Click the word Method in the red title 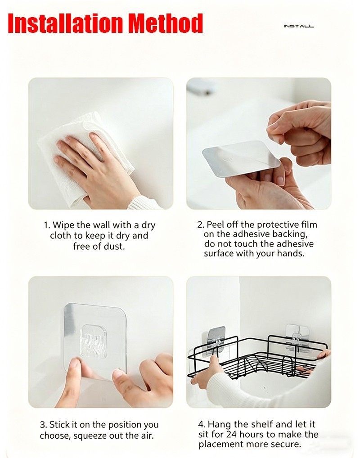[x=166, y=23]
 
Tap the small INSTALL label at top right [x=299, y=26]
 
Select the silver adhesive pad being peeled [x=241, y=159]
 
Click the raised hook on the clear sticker [x=93, y=342]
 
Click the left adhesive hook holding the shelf [x=216, y=340]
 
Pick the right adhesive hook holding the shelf [x=296, y=338]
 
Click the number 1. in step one [x=47, y=225]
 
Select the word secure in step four [x=286, y=444]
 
